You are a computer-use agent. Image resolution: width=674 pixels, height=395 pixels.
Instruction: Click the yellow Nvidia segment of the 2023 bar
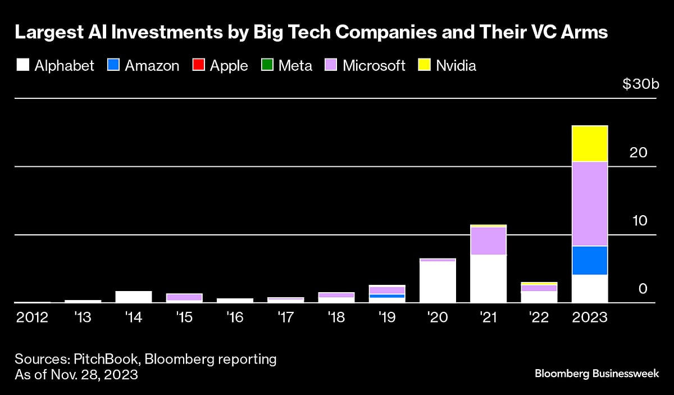pos(589,144)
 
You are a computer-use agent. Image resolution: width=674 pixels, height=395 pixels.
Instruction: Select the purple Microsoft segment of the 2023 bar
pos(589,204)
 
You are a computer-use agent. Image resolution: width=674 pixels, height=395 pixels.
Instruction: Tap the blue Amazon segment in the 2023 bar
pos(589,260)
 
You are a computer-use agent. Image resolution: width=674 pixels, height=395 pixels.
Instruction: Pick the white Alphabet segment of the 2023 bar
pos(589,288)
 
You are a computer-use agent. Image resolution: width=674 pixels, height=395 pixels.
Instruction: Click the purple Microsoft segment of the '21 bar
pos(488,240)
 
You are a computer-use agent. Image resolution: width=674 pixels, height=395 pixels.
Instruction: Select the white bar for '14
pos(134,297)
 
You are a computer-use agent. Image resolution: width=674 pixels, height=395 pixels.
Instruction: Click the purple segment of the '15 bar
pos(184,297)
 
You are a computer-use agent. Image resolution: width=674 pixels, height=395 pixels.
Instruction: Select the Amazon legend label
pos(152,66)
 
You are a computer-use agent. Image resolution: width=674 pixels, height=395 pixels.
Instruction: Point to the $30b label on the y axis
pos(640,85)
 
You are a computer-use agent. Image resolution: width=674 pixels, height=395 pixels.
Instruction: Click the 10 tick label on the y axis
pos(640,221)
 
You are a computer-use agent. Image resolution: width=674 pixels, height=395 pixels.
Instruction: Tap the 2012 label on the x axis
pos(32,317)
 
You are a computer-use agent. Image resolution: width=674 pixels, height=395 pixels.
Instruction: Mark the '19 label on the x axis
pos(387,317)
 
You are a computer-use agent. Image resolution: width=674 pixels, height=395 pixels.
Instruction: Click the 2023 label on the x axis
pos(589,317)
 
